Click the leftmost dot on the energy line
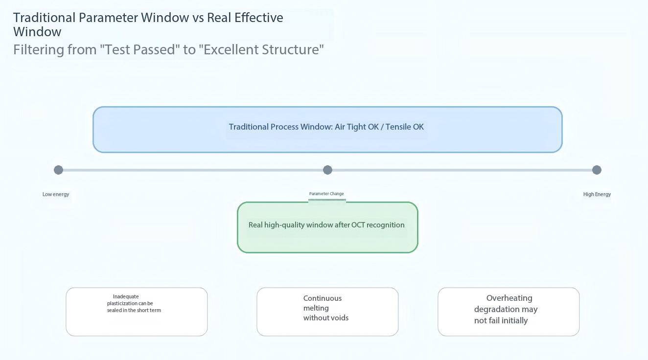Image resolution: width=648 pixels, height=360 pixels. [x=58, y=170]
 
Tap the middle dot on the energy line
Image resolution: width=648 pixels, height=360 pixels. [x=327, y=170]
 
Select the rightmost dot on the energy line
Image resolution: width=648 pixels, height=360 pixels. [x=597, y=170]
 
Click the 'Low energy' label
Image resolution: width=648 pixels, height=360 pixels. [x=56, y=194]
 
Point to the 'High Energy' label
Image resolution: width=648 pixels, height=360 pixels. [x=597, y=194]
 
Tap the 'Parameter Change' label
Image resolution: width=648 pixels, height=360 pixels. [x=326, y=194]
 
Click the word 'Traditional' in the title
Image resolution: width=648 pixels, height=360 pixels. [x=44, y=18]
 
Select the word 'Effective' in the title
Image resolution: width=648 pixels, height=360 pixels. [x=258, y=18]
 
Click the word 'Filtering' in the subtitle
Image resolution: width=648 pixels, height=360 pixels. [x=39, y=50]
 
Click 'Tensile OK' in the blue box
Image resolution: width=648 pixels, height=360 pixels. [x=404, y=127]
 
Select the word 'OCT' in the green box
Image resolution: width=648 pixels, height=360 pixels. [x=358, y=225]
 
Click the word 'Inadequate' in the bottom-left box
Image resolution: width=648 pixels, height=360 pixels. [x=126, y=297]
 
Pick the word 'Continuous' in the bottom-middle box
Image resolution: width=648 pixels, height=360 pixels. [x=322, y=298]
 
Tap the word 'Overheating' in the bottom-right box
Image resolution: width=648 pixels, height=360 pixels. [x=509, y=298]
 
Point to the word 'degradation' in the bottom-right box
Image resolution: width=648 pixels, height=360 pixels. [x=497, y=310]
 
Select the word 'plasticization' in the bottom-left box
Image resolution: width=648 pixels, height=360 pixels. [x=122, y=304]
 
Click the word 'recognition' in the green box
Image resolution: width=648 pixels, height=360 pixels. [x=385, y=225]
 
